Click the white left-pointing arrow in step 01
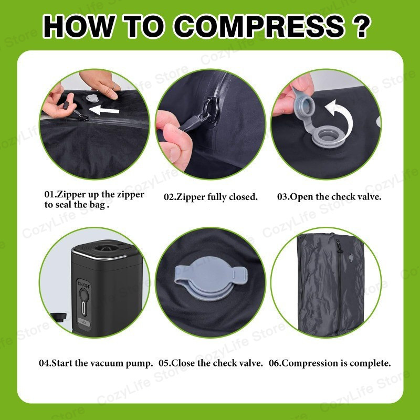[103, 110]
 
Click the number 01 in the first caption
[49, 194]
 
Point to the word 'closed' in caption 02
[241, 197]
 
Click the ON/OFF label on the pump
[84, 285]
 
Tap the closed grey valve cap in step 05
[211, 278]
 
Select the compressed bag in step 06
[331, 284]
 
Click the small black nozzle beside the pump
[58, 317]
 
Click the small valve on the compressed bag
[351, 257]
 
